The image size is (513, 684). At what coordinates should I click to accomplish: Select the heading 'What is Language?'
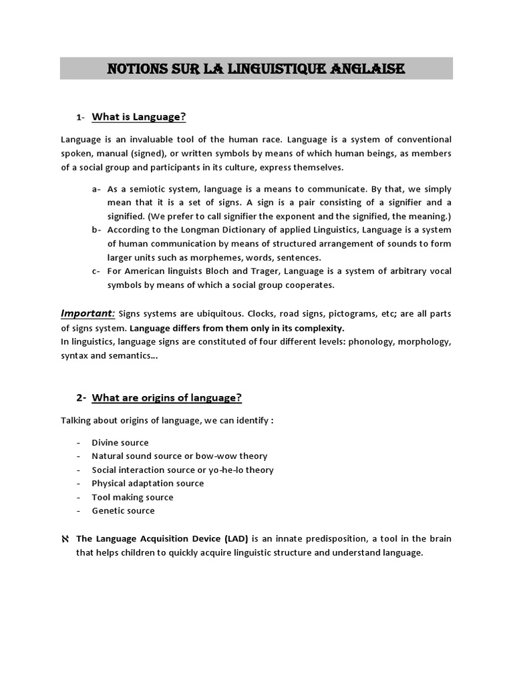coord(138,117)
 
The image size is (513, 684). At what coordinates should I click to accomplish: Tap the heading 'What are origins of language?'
coord(166,398)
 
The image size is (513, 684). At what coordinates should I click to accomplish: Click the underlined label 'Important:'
coord(88,314)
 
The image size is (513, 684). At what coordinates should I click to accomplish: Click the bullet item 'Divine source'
coord(120,442)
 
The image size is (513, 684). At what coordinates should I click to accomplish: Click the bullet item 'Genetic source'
coord(123,511)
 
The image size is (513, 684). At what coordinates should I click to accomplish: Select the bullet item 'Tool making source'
coord(132,497)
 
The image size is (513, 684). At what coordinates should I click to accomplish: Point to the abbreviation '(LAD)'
coord(236,539)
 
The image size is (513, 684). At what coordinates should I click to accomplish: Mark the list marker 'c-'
coord(96,271)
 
